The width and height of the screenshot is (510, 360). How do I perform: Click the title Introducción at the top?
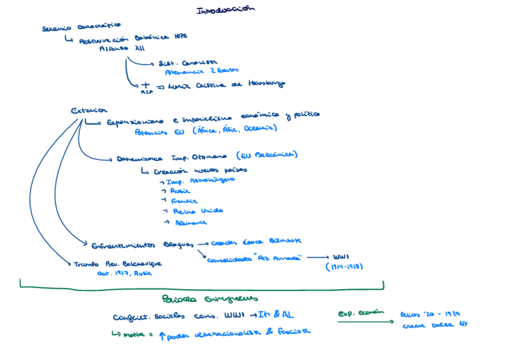226,10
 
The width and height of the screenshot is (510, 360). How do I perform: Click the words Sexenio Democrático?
81,26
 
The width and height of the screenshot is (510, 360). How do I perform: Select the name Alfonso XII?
121,49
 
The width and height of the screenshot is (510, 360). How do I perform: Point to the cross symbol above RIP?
144,86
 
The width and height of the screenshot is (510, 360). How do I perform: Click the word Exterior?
88,111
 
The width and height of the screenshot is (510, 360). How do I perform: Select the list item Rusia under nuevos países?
180,190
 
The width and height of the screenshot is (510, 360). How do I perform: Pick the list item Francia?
184,201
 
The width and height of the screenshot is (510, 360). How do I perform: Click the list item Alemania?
190,222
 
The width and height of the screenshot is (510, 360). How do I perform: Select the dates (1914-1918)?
345,266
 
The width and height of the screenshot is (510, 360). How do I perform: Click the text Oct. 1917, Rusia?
125,273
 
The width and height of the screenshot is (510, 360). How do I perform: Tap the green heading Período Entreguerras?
210,299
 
